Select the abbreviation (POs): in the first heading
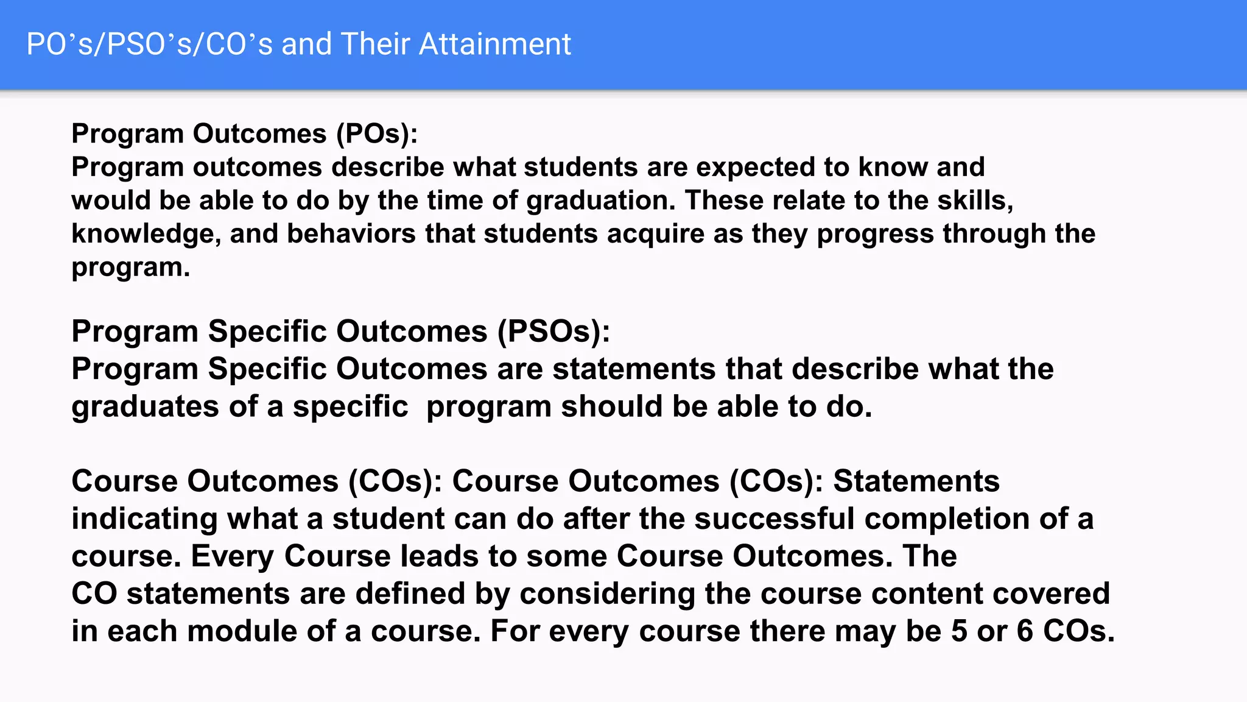[x=377, y=133]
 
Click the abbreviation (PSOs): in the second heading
[x=553, y=331]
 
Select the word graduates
[x=145, y=406]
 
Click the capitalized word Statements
[x=916, y=481]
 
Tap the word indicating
[x=144, y=519]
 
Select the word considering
[x=607, y=594]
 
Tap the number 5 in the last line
[x=959, y=631]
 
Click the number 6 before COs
[x=1025, y=631]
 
